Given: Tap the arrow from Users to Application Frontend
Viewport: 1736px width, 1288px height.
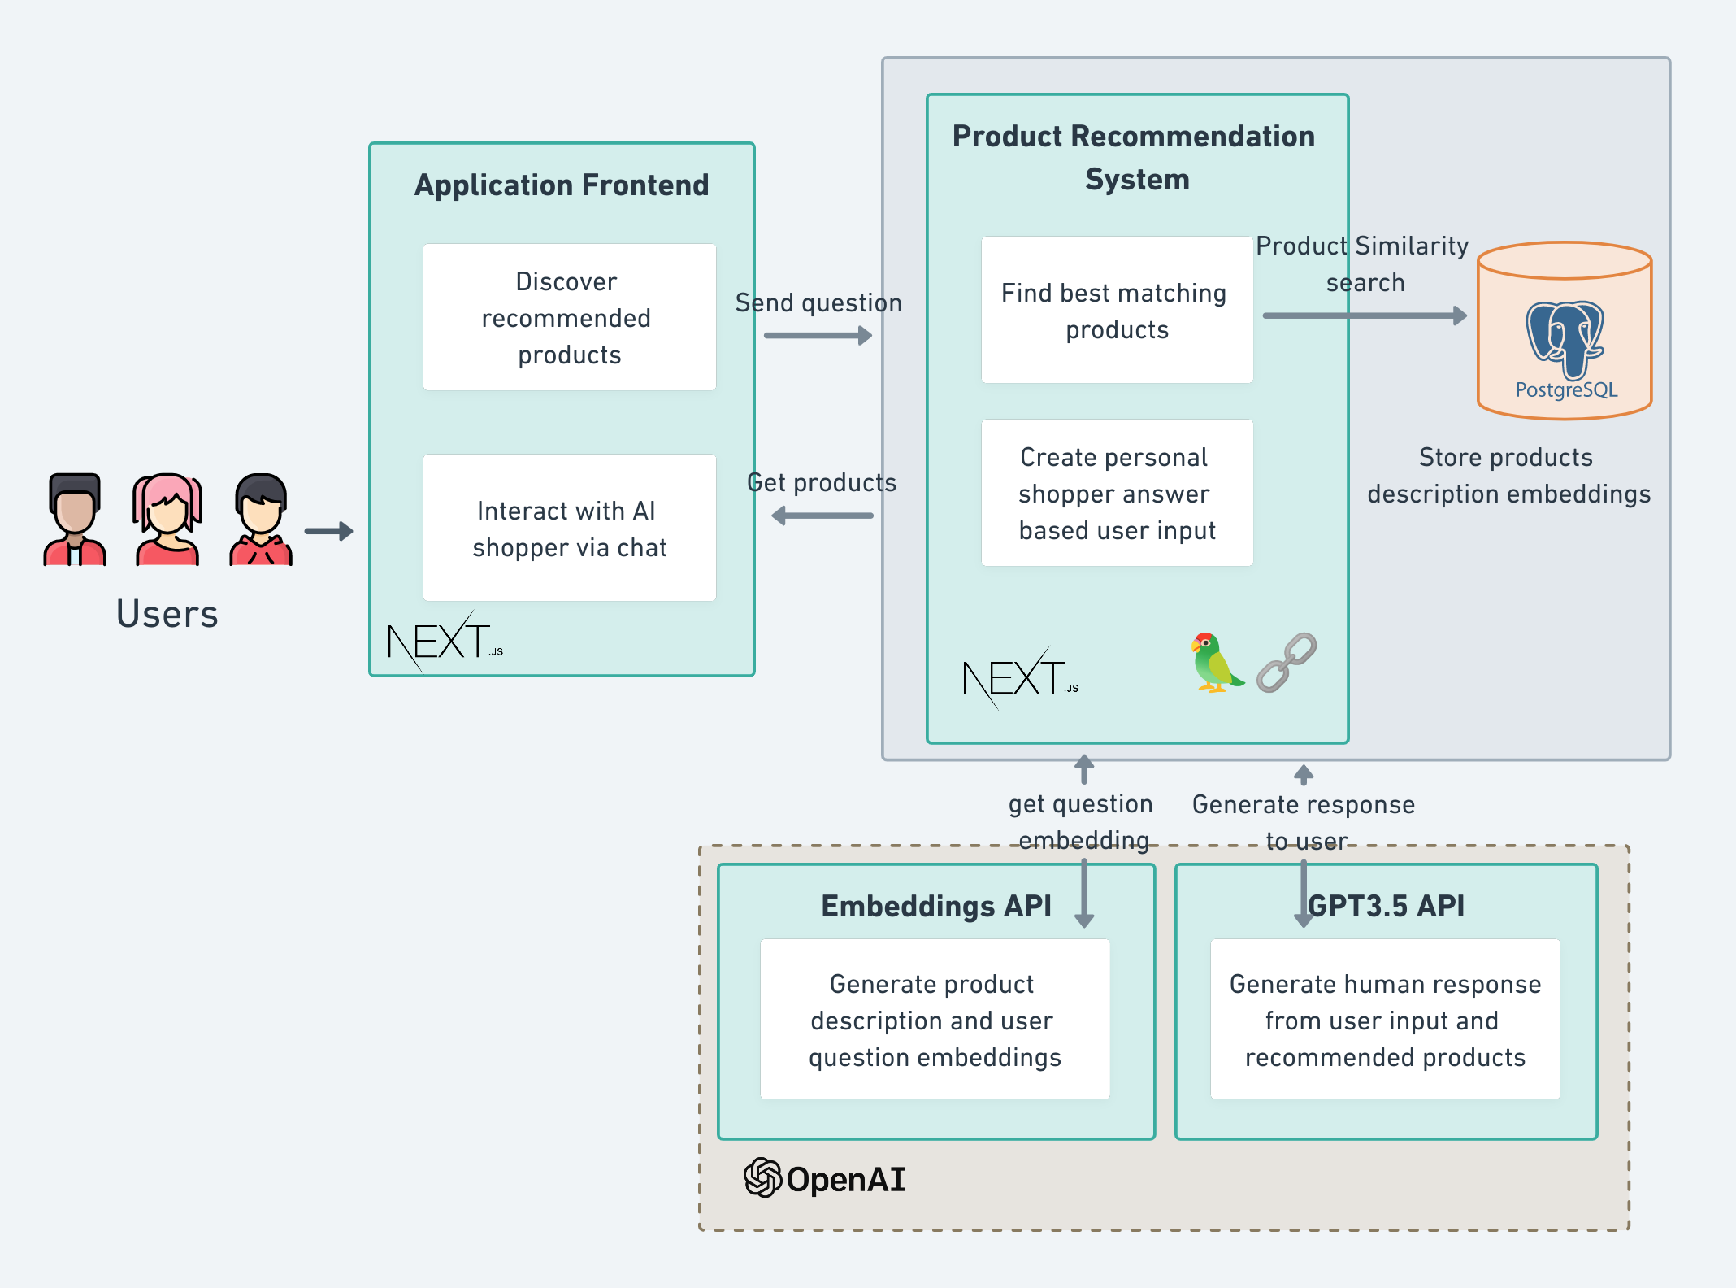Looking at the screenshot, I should coord(329,531).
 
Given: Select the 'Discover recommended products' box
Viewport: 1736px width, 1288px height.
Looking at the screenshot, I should coord(569,317).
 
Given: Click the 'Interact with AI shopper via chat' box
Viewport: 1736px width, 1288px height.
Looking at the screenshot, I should coord(569,528).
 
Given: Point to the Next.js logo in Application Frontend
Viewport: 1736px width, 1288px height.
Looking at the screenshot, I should coord(444,642).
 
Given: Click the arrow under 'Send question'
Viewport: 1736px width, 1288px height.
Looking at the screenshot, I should coord(818,335).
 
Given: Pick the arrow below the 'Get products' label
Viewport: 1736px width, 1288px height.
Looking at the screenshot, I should coord(822,516).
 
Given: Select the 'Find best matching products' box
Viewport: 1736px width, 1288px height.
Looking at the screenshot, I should coord(1117,310).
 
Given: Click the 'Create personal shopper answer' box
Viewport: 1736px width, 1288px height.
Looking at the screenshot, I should coord(1117,493).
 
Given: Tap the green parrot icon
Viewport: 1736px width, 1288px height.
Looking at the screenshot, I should coord(1214,663).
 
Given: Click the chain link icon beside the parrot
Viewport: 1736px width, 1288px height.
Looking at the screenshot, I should coord(1287,663).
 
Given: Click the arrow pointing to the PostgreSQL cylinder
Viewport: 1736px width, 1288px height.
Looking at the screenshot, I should coord(1365,315).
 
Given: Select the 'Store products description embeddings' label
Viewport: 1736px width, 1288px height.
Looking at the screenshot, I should coord(1508,476).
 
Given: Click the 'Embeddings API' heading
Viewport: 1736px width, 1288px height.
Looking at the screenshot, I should coord(935,906).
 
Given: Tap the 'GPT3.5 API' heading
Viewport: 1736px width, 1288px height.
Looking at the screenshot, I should coord(1387,906).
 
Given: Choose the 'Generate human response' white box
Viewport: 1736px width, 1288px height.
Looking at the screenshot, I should coord(1385,1020).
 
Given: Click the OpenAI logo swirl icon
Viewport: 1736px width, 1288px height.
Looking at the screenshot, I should coord(762,1177).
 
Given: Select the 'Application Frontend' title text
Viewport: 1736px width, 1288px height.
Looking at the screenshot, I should coord(562,185).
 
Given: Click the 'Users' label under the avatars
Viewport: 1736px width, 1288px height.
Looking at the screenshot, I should coord(167,614).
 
